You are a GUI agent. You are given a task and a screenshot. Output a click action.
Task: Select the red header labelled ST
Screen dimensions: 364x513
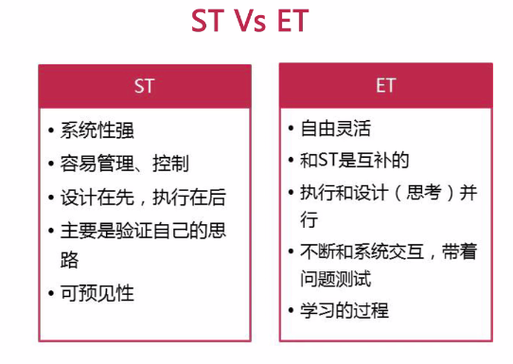coord(145,86)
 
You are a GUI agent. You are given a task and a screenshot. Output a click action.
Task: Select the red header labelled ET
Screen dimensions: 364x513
coord(385,85)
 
